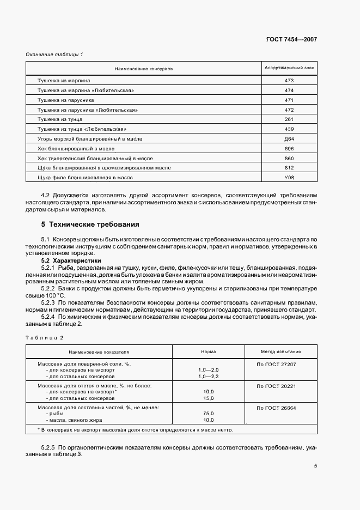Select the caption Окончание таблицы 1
point(54,54)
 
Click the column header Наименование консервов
point(143,69)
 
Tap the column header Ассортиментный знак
point(289,69)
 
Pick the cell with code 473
point(289,81)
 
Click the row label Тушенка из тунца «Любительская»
point(82,130)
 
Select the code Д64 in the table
point(289,139)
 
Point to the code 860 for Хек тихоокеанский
point(289,159)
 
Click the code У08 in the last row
point(289,178)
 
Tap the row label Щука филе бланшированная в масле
point(85,178)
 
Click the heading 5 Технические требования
point(90,224)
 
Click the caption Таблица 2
point(45,338)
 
